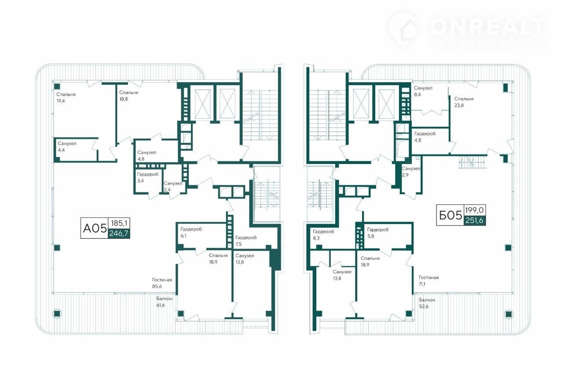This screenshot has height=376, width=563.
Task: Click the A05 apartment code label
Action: click(95, 229)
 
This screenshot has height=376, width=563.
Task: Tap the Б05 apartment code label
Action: click(450, 215)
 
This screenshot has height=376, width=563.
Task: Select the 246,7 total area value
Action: click(119, 234)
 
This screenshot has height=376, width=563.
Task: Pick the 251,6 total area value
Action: click(474, 220)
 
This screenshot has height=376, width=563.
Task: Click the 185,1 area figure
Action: click(119, 223)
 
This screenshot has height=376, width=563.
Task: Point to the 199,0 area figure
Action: click(475, 210)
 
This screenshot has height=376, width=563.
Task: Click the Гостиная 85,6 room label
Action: click(162, 283)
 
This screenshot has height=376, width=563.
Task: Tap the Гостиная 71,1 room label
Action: click(428, 281)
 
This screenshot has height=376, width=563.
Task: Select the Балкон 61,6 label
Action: click(164, 302)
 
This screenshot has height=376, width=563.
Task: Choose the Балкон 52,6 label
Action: click(427, 303)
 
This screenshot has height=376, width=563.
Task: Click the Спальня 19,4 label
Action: click(66, 98)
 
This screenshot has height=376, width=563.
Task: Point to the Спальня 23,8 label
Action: click(464, 102)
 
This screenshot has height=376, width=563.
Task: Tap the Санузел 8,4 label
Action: click(423, 91)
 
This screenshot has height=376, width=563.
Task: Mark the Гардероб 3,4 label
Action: click(148, 177)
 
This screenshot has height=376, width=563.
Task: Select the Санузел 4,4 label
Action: click(67, 147)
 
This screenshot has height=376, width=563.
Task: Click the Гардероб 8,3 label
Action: click(323, 235)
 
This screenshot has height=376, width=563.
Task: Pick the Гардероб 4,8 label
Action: click(425, 137)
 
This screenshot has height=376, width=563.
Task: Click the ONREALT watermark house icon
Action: click(405, 30)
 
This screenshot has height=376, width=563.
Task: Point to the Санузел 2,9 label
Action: click(411, 172)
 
